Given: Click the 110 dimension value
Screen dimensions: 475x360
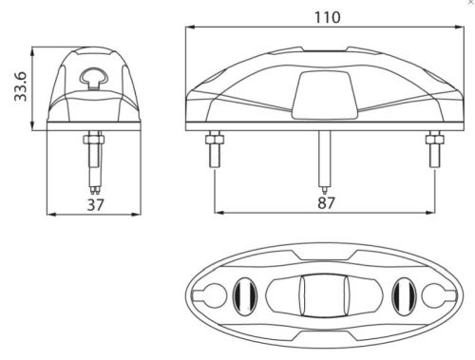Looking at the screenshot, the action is pyautogui.click(x=328, y=17).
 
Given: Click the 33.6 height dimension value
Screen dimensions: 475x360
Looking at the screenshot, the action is pyautogui.click(x=21, y=86).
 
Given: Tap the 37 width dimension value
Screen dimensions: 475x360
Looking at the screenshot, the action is pyautogui.click(x=95, y=205).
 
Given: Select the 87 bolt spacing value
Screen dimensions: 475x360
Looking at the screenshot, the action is pyautogui.click(x=326, y=203).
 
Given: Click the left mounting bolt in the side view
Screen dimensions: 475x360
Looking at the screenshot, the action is pyautogui.click(x=215, y=149).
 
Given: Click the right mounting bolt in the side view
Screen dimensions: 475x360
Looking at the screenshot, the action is pyautogui.click(x=435, y=149).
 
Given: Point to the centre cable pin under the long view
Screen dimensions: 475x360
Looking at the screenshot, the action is pyautogui.click(x=324, y=162).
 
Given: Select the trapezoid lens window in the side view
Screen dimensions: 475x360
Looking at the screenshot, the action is pyautogui.click(x=324, y=95).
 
